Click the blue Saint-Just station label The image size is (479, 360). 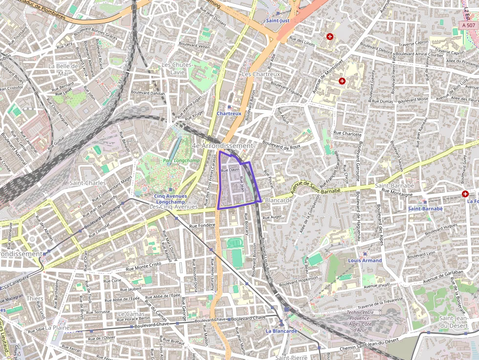[278, 21]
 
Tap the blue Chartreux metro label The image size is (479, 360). [229, 113]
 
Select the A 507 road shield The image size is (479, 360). [468, 25]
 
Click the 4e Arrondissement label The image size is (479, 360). [222, 146]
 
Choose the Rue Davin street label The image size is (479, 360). [230, 170]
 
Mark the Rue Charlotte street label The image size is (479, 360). [347, 133]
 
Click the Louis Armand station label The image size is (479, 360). [365, 260]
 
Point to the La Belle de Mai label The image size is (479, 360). [64, 69]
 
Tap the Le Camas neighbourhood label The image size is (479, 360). [131, 313]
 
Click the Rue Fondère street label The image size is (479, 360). [202, 225]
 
